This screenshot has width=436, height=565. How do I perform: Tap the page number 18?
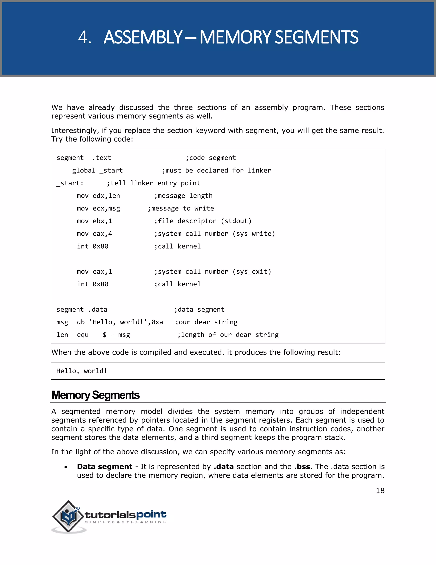[x=380, y=491]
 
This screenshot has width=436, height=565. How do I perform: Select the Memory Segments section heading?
[x=95, y=395]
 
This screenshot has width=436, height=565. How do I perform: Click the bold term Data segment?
[x=105, y=466]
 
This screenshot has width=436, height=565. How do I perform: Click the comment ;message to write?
[x=181, y=208]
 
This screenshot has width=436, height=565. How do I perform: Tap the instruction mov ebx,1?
[x=95, y=221]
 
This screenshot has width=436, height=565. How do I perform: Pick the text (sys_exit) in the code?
[x=252, y=272]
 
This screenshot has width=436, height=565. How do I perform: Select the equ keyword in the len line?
[x=83, y=335]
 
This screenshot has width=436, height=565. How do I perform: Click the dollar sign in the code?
[x=104, y=335]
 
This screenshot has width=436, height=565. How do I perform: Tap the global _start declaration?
[x=97, y=171]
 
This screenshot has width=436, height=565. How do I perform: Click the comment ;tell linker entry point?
[x=153, y=183]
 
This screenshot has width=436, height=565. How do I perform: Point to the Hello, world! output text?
[x=82, y=371]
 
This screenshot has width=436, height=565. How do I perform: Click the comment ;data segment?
[x=199, y=309]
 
